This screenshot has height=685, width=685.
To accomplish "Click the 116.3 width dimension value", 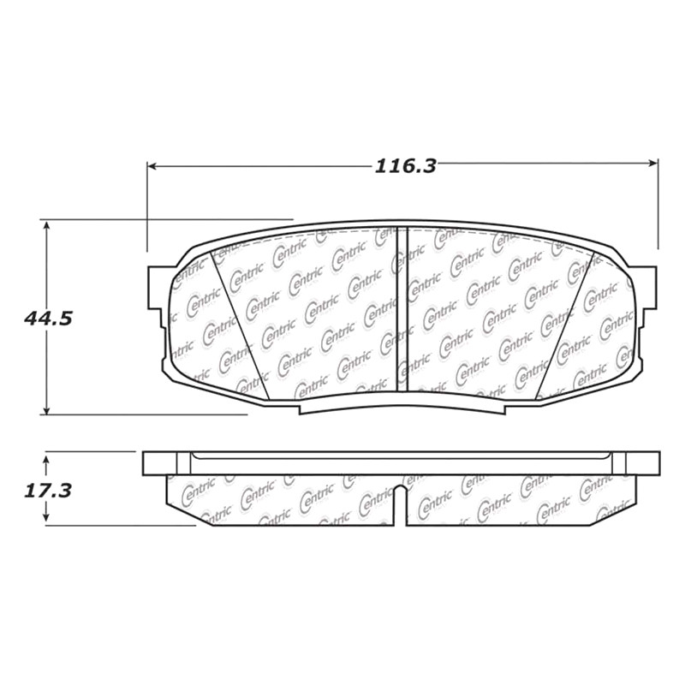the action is tap(406, 166).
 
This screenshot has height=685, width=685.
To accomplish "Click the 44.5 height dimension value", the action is tap(49, 319).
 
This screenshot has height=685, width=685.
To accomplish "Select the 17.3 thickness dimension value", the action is tap(47, 491).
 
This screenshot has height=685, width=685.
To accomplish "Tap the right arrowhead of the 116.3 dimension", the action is tap(653, 164).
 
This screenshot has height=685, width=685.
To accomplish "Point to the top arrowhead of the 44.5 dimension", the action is tap(46, 224).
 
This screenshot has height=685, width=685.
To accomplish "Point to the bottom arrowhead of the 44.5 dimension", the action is tap(46, 410).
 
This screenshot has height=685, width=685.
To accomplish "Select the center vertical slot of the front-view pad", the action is tap(402, 309).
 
